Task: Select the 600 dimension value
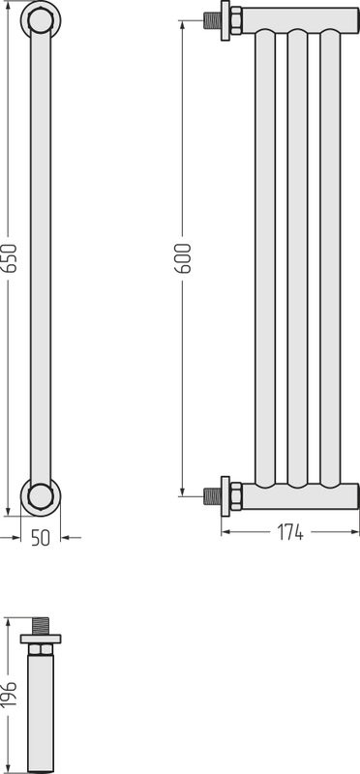point(183,258)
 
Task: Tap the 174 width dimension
point(290,532)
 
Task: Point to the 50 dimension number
point(41,538)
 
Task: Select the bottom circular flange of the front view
point(41,496)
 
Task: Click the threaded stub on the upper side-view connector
point(212,20)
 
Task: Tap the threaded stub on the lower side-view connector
point(212,496)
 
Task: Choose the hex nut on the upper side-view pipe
point(236,20)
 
